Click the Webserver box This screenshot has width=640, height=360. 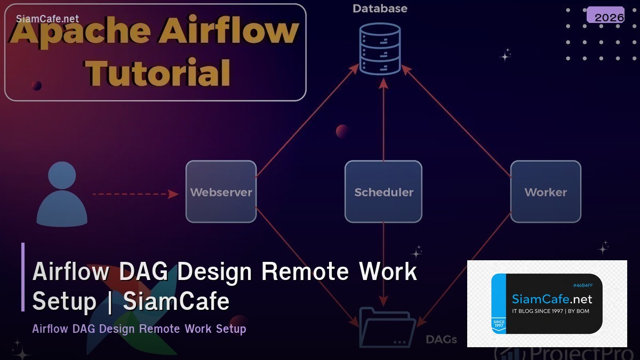[221, 191]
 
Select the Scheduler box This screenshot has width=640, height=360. [383, 191]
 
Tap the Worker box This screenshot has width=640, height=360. [546, 191]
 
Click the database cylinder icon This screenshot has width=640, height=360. [380, 49]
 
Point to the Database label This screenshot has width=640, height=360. [380, 9]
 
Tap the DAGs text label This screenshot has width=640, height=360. [441, 339]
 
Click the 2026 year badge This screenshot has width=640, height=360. [609, 17]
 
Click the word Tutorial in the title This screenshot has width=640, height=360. [159, 73]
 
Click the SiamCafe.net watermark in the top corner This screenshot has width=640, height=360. [47, 19]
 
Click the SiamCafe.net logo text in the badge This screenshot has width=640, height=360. [552, 299]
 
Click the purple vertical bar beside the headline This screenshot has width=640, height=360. [23, 277]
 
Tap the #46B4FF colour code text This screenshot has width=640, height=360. [583, 286]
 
